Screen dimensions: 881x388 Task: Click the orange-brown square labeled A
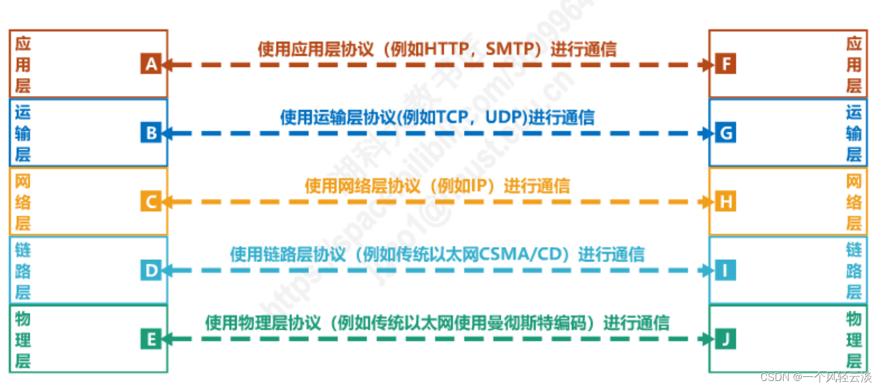150,65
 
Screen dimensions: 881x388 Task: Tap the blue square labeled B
150,133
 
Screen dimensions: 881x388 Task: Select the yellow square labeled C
150,202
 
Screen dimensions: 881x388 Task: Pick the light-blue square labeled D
150,270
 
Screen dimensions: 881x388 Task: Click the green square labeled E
150,339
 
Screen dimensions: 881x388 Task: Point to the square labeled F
725,65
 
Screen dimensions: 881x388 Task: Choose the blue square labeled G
725,133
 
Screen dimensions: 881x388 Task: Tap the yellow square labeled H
725,202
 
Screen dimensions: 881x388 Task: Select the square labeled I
725,270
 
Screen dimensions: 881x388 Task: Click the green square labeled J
725,339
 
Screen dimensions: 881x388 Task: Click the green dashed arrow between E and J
437,339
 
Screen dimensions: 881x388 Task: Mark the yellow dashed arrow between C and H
437,202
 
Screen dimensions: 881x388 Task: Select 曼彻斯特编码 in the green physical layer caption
550,323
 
